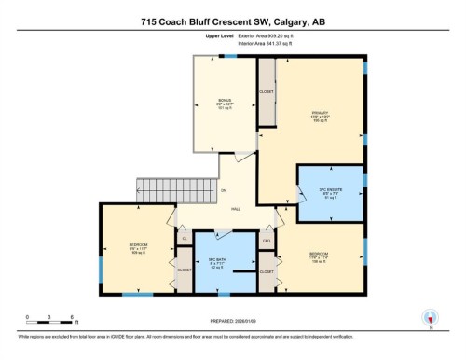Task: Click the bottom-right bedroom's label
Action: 319,256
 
